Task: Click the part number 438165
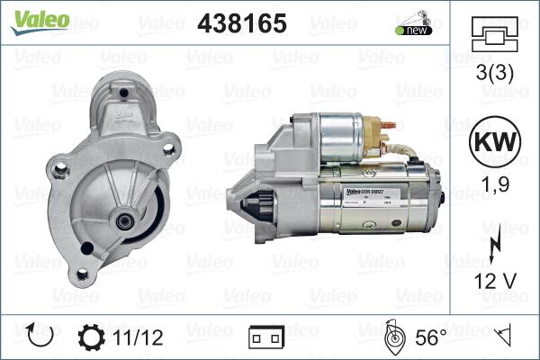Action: point(242,23)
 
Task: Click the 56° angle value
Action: point(430,337)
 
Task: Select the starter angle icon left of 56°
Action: point(393,337)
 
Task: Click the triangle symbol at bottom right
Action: point(505,337)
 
